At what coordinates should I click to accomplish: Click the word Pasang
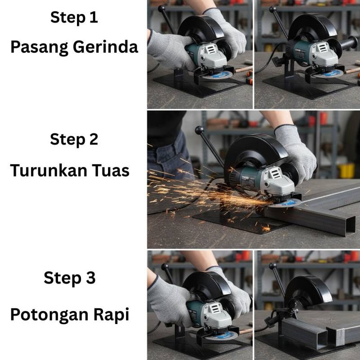[x=40, y=48]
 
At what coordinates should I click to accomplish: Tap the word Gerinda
[x=105, y=47]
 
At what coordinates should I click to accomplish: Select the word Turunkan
[x=49, y=171]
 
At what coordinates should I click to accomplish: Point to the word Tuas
[x=111, y=171]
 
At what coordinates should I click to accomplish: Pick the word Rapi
[x=111, y=315]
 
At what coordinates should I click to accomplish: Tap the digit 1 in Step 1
[x=94, y=17]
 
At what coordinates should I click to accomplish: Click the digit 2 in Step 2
[x=94, y=139]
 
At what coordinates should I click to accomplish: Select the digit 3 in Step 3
[x=91, y=278]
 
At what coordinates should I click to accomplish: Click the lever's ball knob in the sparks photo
[x=199, y=130]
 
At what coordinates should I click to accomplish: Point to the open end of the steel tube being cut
[x=350, y=227]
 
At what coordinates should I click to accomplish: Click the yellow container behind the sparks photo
[x=346, y=171]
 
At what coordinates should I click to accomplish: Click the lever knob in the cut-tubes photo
[x=273, y=266]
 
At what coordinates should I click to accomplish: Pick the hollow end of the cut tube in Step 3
[x=322, y=339]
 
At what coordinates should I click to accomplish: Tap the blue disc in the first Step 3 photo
[x=221, y=336]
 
